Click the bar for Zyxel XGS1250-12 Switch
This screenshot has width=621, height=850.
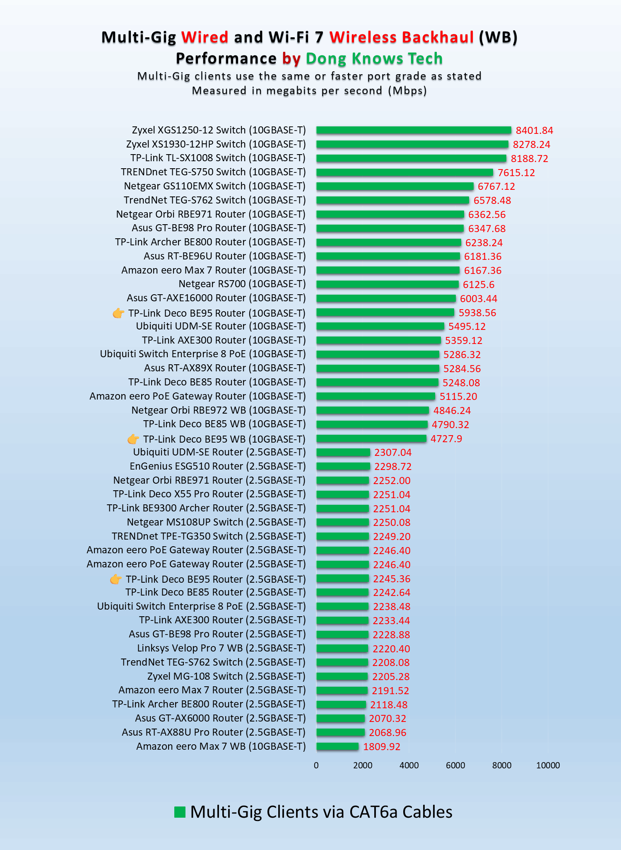414,130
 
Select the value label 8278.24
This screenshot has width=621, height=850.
532,145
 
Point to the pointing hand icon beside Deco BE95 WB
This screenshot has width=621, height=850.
133,439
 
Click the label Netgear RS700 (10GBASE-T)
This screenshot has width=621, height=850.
242,284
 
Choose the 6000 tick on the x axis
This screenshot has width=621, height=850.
455,765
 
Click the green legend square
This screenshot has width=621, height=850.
180,812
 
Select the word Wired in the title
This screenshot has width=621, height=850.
205,37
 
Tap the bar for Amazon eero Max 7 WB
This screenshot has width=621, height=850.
337,746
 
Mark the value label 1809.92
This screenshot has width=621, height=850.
382,747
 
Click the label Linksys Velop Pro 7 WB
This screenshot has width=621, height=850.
221,648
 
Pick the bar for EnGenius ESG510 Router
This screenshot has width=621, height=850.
343,466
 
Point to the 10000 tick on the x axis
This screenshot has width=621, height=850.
548,765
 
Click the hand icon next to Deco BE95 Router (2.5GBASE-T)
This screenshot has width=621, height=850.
116,579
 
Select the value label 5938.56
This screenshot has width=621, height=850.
477,313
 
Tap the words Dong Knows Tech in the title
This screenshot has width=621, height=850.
374,59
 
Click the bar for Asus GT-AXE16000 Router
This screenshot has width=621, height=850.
386,298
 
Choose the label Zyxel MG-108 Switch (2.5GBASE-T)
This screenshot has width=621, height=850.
226,676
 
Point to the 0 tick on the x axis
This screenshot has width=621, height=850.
316,765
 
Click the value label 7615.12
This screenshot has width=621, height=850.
516,173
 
